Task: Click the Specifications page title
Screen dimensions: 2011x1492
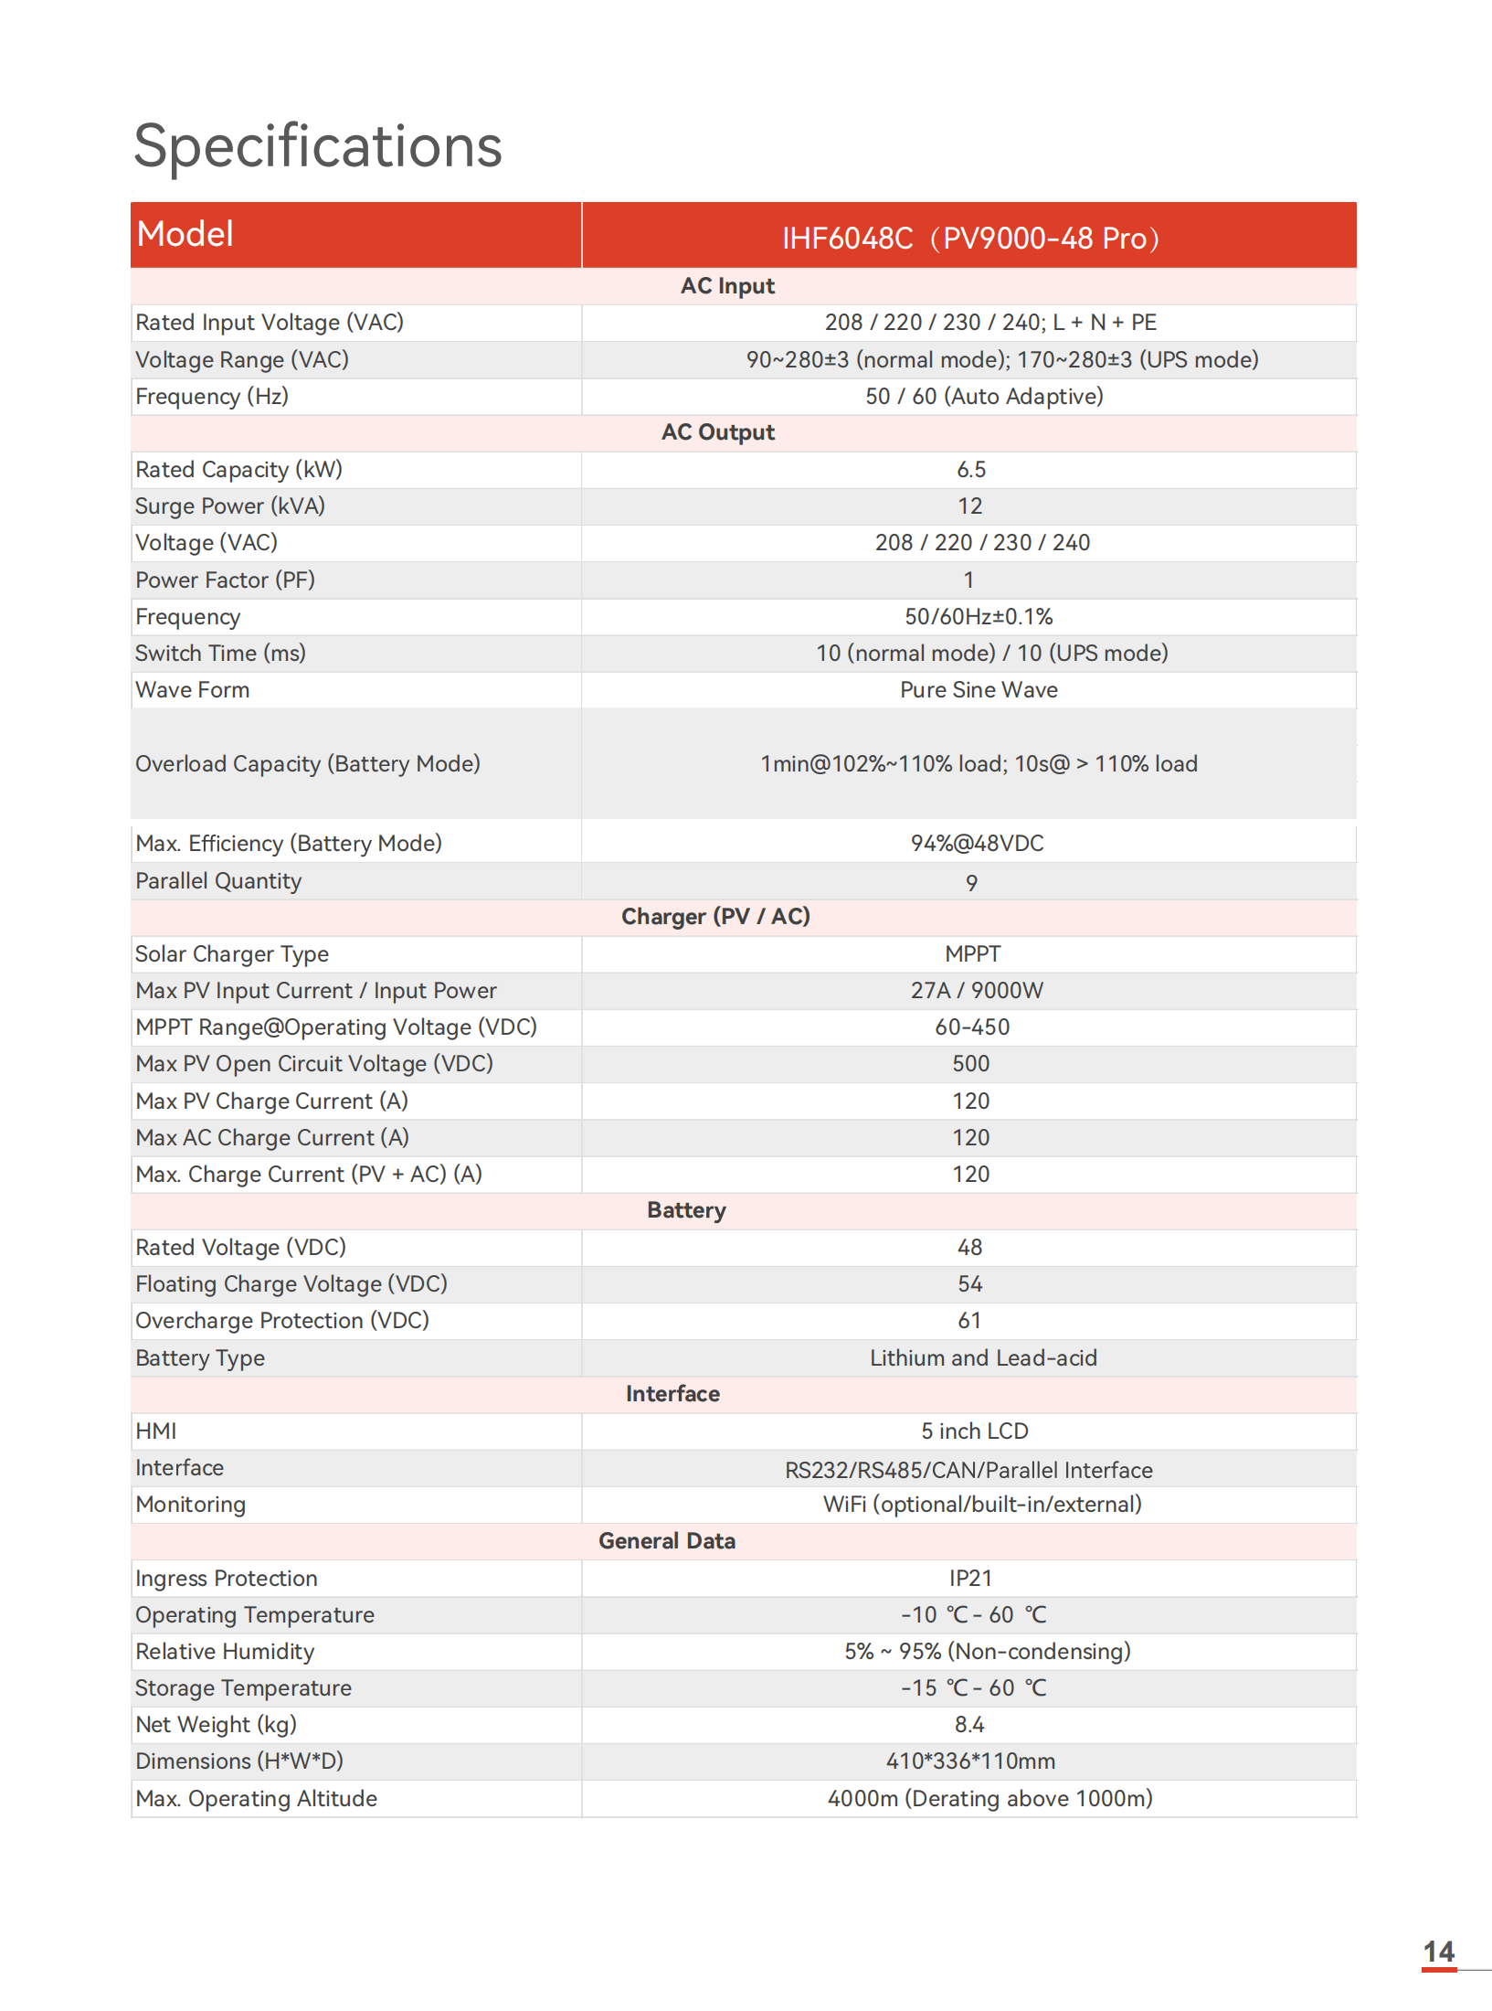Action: click(318, 146)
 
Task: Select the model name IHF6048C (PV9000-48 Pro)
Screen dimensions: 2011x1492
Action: click(970, 239)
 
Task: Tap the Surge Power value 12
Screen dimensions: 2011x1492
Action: click(970, 506)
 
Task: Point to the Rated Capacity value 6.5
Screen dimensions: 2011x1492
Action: click(971, 470)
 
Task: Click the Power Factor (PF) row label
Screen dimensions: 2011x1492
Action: click(225, 580)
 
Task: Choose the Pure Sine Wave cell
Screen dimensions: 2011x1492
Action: click(979, 690)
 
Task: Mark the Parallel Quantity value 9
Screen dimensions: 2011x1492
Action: click(971, 883)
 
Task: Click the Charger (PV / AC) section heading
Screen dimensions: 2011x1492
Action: click(715, 917)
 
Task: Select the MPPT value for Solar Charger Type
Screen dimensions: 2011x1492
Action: click(973, 954)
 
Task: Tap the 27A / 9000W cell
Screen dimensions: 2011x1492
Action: click(977, 991)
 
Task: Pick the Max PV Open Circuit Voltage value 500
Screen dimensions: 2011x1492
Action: click(971, 1064)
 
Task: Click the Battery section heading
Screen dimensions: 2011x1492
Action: click(686, 1210)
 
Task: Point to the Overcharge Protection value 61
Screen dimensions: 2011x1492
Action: click(970, 1321)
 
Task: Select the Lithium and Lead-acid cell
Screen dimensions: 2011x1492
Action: click(983, 1358)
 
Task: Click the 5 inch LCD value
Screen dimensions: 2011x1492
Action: click(975, 1431)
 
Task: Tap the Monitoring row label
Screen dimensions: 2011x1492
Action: click(190, 1505)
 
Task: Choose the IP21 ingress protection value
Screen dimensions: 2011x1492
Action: click(970, 1579)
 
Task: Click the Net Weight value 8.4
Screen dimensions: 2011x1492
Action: click(969, 1725)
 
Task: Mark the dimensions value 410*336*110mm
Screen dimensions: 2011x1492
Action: click(970, 1761)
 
